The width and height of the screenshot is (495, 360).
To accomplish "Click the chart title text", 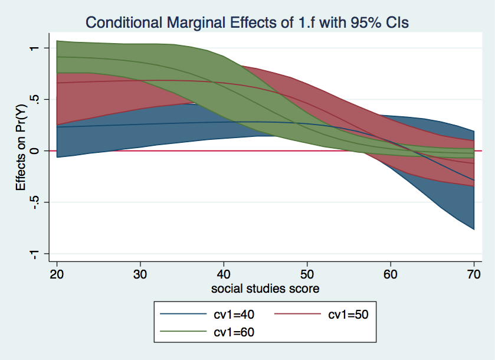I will click(x=247, y=22).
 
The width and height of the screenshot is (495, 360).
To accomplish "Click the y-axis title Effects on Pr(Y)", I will click(x=21, y=151).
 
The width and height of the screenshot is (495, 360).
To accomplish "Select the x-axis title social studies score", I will click(x=265, y=289).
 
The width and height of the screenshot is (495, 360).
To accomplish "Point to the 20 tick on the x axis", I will click(x=57, y=274).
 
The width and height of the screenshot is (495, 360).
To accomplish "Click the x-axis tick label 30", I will click(x=140, y=274).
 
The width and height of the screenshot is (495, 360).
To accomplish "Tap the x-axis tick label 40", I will click(x=224, y=274).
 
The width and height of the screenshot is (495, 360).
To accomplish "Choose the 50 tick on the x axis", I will click(x=307, y=274).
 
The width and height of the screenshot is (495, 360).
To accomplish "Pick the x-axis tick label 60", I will click(x=390, y=274).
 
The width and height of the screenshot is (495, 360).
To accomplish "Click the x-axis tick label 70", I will click(x=473, y=274).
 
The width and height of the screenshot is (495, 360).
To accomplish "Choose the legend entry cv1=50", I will click(x=348, y=315).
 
